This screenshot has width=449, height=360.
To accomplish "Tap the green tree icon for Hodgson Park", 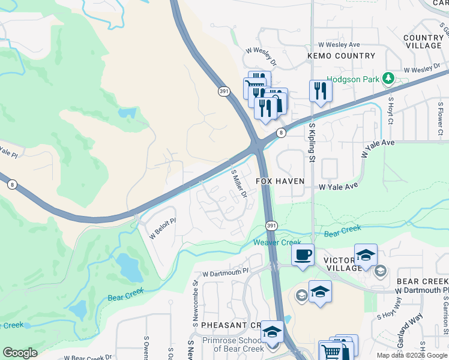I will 389,78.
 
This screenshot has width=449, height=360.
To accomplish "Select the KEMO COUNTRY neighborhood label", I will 341,56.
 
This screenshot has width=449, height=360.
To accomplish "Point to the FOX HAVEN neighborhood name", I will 280,181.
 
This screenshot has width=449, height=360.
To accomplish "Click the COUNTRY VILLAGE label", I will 423,41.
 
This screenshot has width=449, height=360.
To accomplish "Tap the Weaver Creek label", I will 277,242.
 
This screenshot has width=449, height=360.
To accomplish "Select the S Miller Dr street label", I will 240,184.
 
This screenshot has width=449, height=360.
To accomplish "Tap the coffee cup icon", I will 303,254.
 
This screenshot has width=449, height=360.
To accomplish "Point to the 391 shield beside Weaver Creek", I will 271,225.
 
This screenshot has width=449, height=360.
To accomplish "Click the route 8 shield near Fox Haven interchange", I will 280,133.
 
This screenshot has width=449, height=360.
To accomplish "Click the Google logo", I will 20,353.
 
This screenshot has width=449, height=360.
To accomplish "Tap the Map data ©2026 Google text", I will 411,355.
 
